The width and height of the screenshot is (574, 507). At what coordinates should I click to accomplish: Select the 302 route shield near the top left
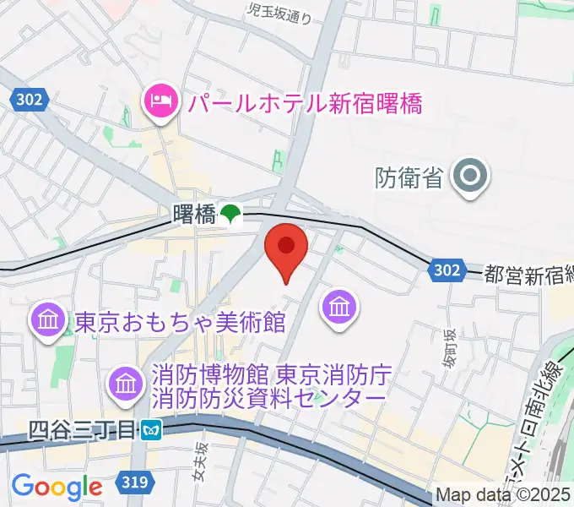[x=30, y=101]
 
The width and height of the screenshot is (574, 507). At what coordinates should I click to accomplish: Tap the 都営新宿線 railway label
[x=528, y=273]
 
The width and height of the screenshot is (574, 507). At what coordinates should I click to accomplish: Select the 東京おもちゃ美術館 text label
[x=180, y=322]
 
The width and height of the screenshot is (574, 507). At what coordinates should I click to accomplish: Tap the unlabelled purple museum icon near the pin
[x=339, y=308]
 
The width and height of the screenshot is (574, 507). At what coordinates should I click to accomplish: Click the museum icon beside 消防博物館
[x=126, y=382]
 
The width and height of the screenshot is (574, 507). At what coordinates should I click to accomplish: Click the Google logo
[x=57, y=487]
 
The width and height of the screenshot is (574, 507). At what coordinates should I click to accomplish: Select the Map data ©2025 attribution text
[x=503, y=495]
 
